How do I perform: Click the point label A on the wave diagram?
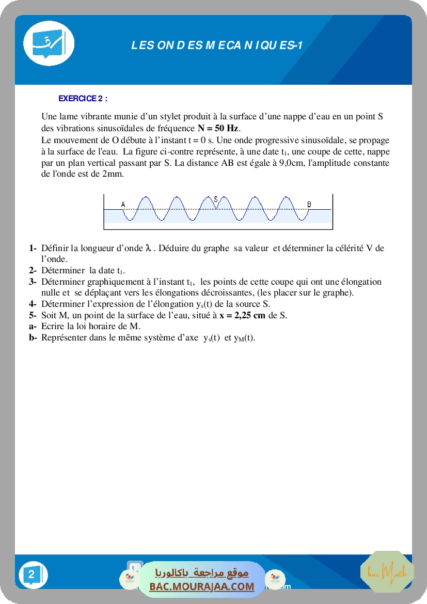(x=123, y=205)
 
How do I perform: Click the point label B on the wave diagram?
(x=309, y=205)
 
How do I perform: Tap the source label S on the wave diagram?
(x=216, y=198)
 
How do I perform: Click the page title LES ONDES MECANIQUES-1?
(x=217, y=46)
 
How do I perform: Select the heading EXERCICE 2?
(x=83, y=98)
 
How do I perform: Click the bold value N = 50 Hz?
(x=218, y=128)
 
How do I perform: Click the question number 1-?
(x=33, y=248)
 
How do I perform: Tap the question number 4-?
(x=33, y=304)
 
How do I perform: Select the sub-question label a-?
(x=33, y=326)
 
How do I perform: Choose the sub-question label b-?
(x=33, y=338)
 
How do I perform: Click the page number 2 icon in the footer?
(x=32, y=575)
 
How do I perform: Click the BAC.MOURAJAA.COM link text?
(x=202, y=586)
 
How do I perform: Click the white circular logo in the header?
(x=49, y=43)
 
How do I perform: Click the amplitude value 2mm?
(x=113, y=174)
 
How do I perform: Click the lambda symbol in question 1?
(x=149, y=249)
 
